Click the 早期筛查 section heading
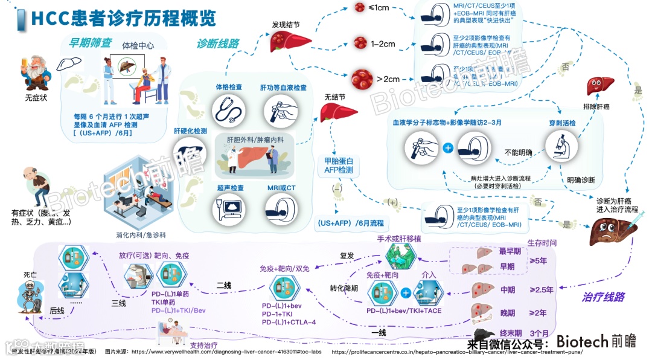pyautogui.click(x=91, y=43)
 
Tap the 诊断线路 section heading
pyautogui.click(x=218, y=43)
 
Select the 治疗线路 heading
pyautogui.click(x=603, y=297)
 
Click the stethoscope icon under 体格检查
pyautogui.click(x=229, y=110)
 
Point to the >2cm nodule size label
pyautogui.click(x=388, y=79)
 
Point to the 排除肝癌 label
pyautogui.click(x=597, y=107)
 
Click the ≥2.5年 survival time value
pyautogui.click(x=541, y=290)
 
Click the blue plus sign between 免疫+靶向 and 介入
pyautogui.click(x=406, y=293)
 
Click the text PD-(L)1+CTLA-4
pyautogui.click(x=289, y=323)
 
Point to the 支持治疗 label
pyautogui.click(x=203, y=346)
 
